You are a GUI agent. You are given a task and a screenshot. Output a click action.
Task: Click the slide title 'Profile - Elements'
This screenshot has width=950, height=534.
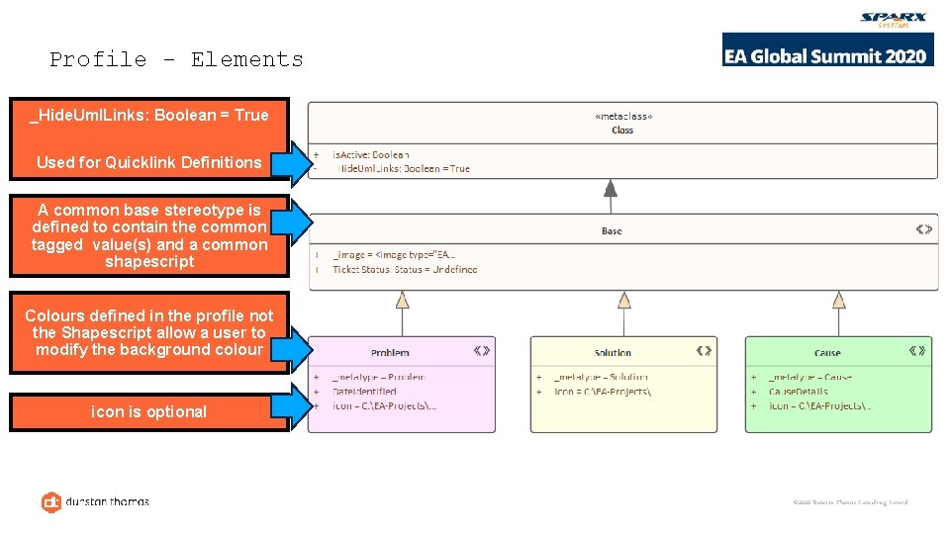click(176, 59)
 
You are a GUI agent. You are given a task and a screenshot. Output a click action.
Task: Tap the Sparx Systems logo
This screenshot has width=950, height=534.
click(894, 20)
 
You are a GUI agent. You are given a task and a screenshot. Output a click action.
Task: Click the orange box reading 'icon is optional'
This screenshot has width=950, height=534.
click(148, 412)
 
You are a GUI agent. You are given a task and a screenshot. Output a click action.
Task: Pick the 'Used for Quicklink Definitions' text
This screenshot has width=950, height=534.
click(148, 162)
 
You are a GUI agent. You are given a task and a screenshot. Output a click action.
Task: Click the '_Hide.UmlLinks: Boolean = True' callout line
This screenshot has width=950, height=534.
click(148, 115)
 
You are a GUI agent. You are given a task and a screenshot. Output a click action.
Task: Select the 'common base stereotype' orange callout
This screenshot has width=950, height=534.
click(148, 235)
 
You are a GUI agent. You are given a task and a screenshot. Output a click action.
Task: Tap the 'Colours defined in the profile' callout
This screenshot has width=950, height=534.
click(148, 332)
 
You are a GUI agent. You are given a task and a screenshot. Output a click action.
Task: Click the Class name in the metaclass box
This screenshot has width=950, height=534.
click(622, 130)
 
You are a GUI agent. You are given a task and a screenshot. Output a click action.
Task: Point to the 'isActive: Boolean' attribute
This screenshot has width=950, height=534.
click(370, 155)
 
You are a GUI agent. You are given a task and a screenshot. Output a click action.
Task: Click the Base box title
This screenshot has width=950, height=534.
click(612, 231)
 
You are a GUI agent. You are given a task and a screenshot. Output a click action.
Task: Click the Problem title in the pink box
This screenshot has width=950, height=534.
click(390, 353)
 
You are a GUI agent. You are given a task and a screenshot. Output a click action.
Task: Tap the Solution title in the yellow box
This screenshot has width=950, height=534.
click(613, 353)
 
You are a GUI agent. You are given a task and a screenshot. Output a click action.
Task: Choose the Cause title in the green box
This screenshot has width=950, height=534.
click(827, 353)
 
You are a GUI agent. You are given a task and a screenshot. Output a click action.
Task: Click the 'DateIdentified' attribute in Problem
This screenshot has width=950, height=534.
click(364, 392)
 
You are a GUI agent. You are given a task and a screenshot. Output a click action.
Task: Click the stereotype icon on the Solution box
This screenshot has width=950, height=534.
click(704, 350)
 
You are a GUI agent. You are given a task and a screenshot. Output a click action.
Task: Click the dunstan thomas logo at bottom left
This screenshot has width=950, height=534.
click(95, 501)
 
